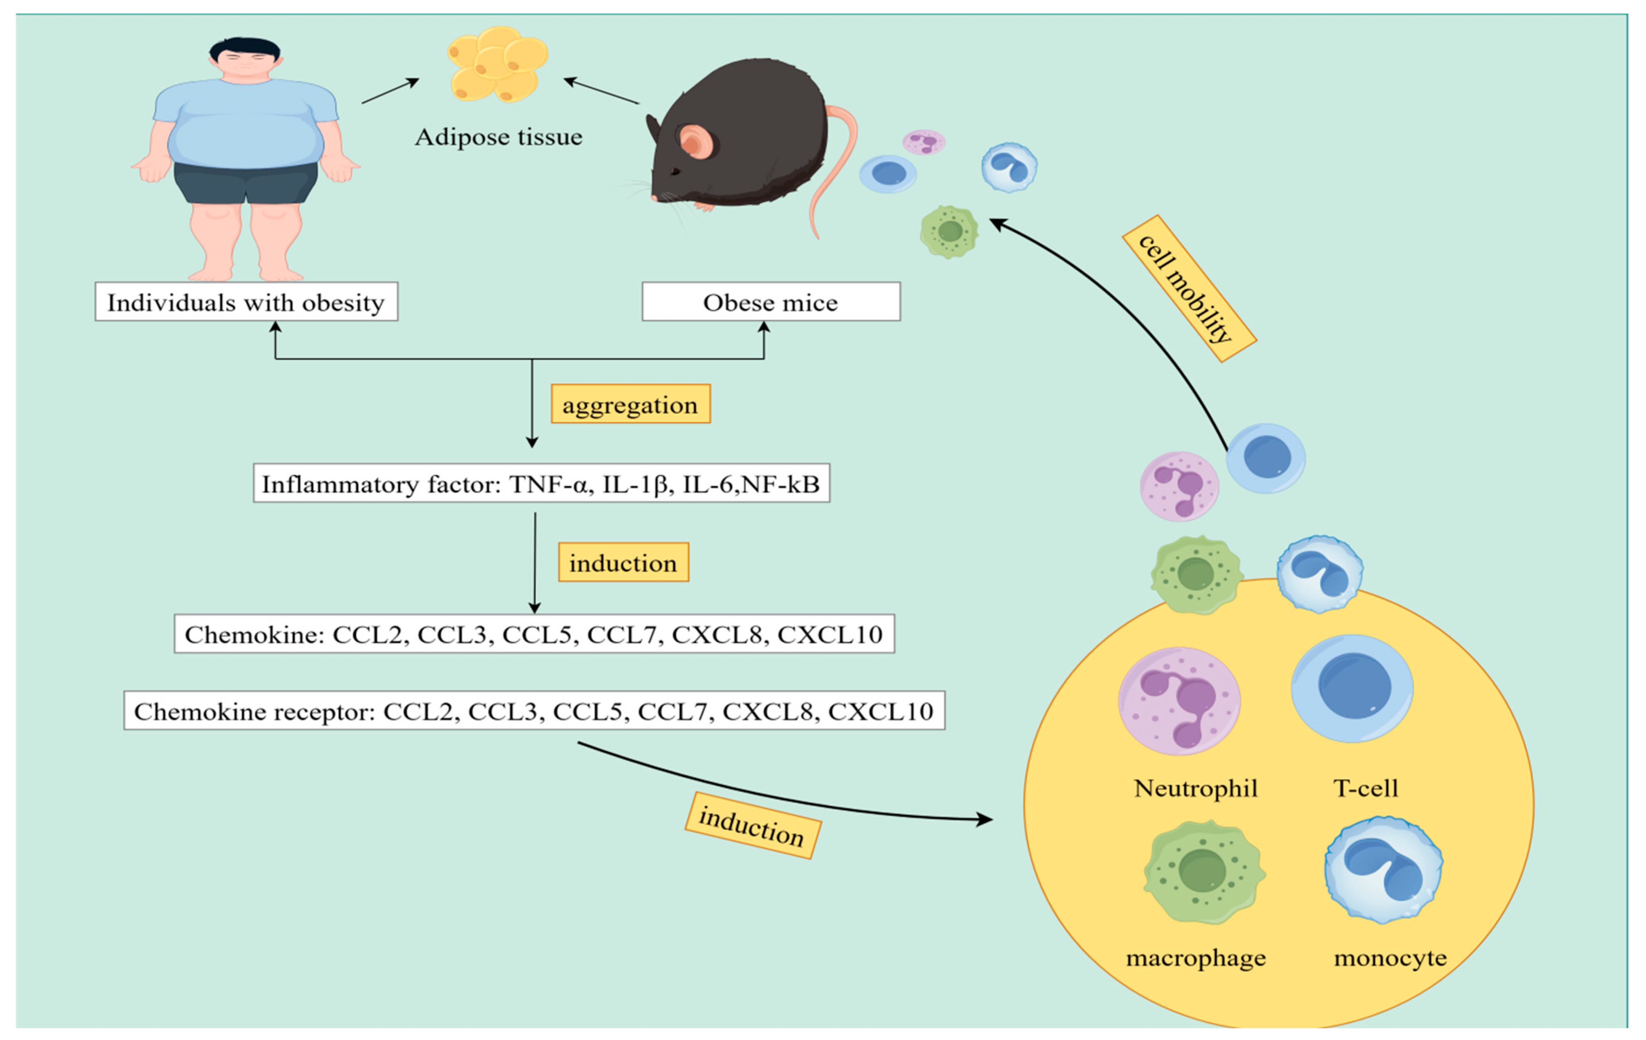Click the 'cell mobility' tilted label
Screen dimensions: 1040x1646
click(1188, 289)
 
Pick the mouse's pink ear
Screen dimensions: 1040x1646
click(696, 142)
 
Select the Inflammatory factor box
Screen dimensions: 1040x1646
click(541, 484)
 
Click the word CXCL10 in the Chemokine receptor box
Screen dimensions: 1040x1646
click(881, 711)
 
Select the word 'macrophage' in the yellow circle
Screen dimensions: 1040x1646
click(1196, 958)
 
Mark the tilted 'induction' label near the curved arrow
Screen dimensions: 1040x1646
click(752, 825)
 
